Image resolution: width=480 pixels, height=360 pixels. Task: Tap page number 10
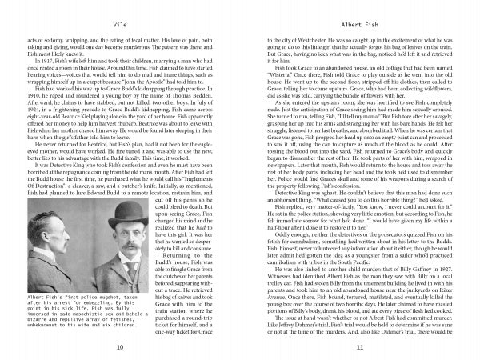click(119, 346)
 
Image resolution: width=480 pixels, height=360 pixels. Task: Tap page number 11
click(359, 346)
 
